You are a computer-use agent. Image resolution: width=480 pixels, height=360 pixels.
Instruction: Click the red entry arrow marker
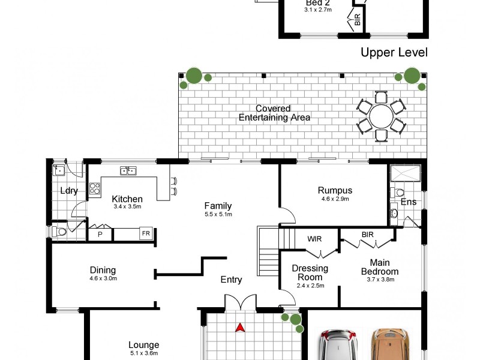click(x=240, y=328)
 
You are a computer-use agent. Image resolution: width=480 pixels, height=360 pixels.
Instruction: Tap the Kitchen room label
click(x=127, y=199)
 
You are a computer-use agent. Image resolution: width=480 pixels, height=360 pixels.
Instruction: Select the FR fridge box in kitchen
click(x=145, y=233)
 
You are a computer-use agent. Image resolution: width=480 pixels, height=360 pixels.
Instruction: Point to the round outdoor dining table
click(x=381, y=116)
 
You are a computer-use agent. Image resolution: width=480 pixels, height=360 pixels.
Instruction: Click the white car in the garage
click(x=337, y=345)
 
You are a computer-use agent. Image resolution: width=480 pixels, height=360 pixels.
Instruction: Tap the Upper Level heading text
click(x=394, y=53)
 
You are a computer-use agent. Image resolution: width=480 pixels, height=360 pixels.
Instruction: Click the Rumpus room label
click(x=335, y=191)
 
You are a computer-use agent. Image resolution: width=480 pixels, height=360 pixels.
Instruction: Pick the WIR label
click(x=314, y=239)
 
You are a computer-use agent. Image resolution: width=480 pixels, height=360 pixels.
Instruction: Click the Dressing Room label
click(x=310, y=272)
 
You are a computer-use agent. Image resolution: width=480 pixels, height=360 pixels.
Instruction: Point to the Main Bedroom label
click(x=380, y=266)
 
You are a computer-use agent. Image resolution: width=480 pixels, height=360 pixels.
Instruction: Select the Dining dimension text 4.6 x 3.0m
click(x=103, y=278)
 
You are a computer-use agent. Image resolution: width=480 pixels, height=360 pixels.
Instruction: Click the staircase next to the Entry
click(x=268, y=249)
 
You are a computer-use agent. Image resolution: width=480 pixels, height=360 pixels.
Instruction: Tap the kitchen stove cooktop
click(x=95, y=190)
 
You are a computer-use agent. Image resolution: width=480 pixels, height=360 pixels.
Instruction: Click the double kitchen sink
click(x=127, y=171)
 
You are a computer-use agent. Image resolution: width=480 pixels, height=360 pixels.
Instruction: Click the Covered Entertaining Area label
click(x=274, y=113)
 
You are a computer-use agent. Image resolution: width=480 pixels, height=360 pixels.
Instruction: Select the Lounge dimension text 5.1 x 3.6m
click(x=144, y=353)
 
